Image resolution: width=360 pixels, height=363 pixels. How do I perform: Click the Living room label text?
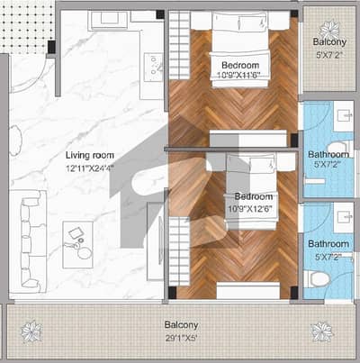point(90,155)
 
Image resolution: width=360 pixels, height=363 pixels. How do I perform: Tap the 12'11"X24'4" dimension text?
point(90,168)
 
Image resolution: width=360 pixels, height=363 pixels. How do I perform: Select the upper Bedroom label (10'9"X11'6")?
point(240,65)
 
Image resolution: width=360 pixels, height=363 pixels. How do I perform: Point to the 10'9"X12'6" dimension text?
point(250,209)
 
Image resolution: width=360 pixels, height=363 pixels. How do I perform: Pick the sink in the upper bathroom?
point(344,115)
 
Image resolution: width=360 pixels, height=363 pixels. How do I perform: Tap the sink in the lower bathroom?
point(344,217)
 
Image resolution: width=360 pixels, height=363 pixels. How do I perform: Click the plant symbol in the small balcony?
point(329,29)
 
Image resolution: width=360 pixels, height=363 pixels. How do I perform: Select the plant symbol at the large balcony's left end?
point(31,331)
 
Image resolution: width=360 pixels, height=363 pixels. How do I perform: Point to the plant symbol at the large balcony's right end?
point(322,331)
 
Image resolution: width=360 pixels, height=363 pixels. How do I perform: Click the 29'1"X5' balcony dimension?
point(181,339)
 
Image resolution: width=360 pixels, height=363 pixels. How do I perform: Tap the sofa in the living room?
point(29,241)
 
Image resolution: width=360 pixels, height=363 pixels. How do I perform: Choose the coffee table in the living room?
point(77,245)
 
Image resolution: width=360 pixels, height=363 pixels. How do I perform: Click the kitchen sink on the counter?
point(153,68)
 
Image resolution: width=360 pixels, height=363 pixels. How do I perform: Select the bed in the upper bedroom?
point(239,50)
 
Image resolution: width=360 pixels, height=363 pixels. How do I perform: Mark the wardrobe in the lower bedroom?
point(180,250)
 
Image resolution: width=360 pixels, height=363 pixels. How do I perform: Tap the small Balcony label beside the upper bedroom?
point(329,41)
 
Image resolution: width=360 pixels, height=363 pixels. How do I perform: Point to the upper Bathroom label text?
point(328,154)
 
